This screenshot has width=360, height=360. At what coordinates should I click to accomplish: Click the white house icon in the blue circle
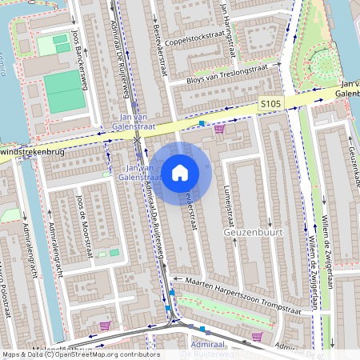[x=179, y=172]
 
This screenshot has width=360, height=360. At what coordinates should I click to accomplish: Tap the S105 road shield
[x=270, y=105]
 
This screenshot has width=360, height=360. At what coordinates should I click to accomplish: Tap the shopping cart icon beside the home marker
[x=219, y=128]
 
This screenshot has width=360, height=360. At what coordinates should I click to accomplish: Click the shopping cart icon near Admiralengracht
[x=105, y=326]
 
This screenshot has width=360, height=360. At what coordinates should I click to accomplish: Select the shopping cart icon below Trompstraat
[x=256, y=336]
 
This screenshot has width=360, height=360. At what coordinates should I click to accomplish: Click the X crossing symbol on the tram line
[x=138, y=140]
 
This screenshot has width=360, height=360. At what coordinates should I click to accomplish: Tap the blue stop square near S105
[x=202, y=123]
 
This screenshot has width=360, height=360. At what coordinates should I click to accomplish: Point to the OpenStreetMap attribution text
[x=80, y=354]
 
